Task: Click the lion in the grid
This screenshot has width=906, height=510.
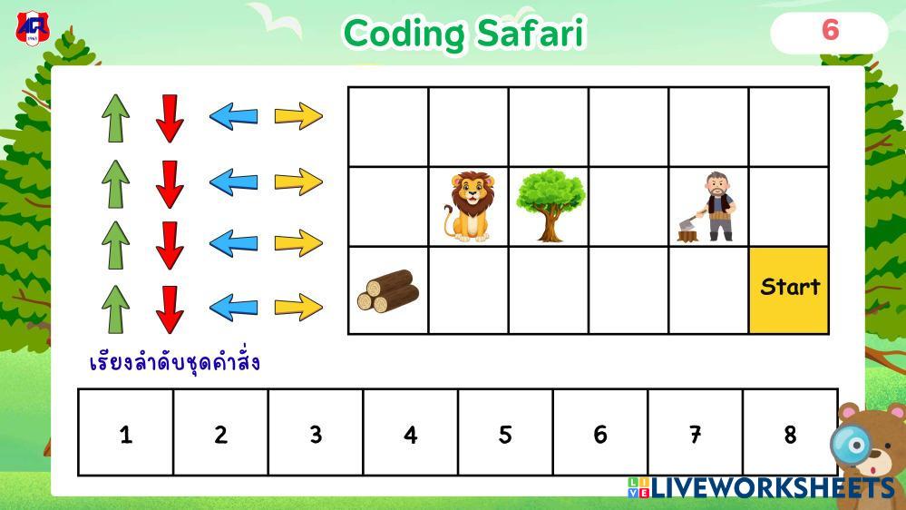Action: [469, 206]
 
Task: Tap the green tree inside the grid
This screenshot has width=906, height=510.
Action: [550, 205]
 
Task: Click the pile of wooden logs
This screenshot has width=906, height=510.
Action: [388, 291]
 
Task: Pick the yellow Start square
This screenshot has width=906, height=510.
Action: [789, 290]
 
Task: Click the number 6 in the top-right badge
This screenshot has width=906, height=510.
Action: [831, 30]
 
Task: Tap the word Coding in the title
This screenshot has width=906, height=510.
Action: [404, 34]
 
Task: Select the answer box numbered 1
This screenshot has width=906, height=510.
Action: [126, 433]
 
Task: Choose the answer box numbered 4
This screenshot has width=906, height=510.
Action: [410, 433]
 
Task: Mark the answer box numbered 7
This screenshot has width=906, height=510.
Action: [695, 433]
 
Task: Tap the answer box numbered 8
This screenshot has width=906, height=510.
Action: [790, 433]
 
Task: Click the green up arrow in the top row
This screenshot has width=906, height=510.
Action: [115, 118]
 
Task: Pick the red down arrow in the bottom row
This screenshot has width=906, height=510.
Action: [170, 310]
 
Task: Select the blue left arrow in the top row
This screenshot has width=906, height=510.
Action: [233, 116]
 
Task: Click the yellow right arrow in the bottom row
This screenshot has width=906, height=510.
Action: [298, 307]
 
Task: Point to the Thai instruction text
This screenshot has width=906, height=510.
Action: [174, 363]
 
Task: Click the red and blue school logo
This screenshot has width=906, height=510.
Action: [33, 28]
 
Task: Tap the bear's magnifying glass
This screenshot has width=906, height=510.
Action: [851, 445]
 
